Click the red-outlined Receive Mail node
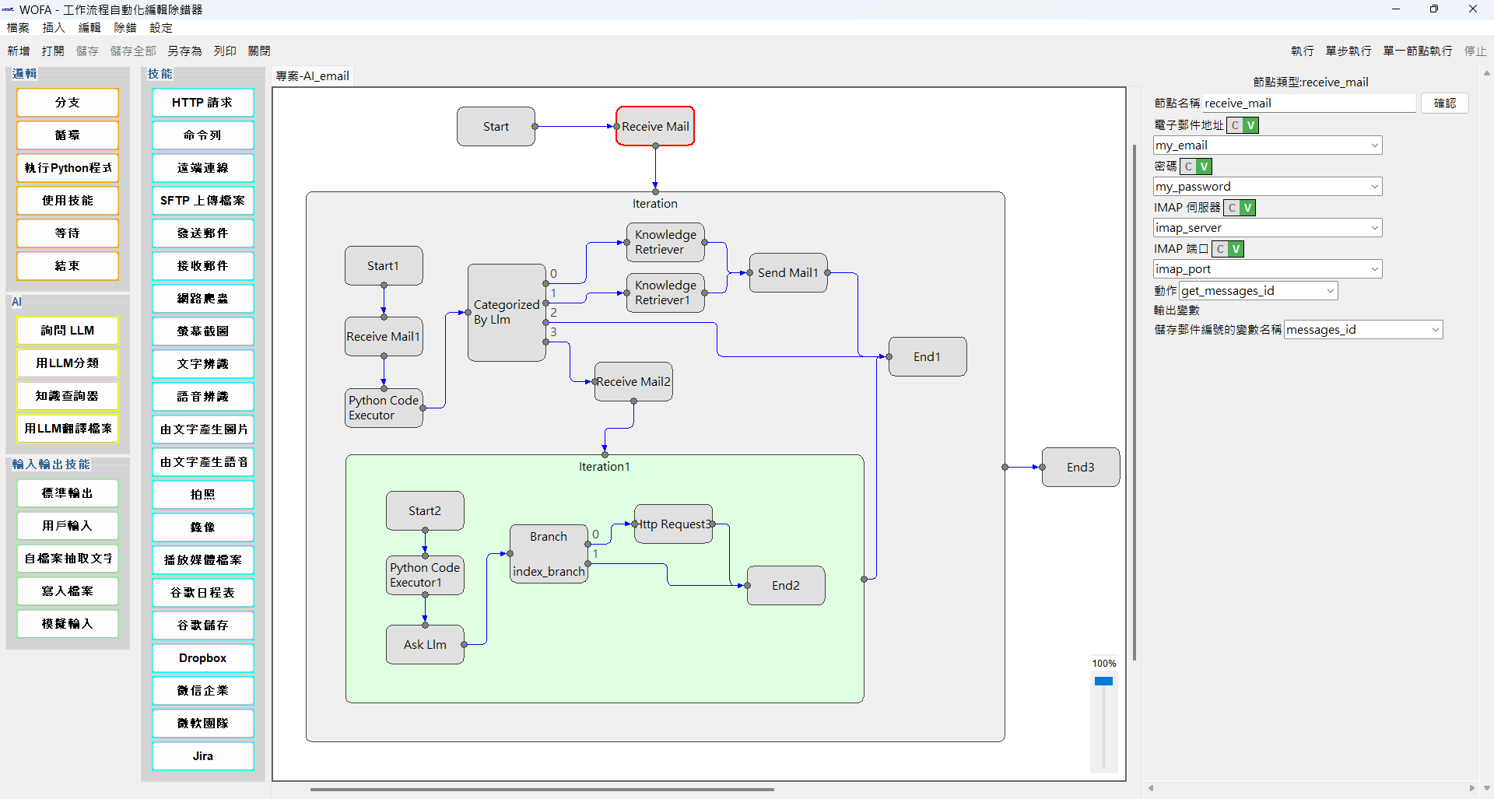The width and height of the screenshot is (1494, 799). pos(654,126)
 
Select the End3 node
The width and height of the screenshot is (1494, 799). pos(1080,467)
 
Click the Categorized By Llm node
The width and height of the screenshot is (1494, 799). pos(506,312)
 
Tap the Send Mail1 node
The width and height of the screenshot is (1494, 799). pos(787,272)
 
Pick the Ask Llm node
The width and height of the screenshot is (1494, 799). pos(425,644)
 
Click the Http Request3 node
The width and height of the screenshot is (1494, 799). pos(674,524)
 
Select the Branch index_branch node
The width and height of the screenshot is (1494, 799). pos(549,554)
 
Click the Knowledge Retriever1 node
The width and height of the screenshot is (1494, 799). pos(665,293)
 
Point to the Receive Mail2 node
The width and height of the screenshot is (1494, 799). pos(633,381)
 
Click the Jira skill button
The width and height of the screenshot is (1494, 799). pos(202,755)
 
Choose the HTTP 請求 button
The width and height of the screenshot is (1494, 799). pos(202,102)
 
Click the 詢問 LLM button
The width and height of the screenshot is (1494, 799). pos(68,330)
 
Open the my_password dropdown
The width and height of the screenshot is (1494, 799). pos(1374,187)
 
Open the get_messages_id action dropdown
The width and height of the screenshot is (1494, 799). pos(1330,291)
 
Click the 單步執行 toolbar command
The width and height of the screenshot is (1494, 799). pos(1348,51)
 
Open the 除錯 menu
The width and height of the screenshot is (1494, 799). pos(124,28)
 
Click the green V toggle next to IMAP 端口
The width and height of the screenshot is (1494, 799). pos(1236,249)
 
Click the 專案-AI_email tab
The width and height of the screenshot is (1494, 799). pos(312,75)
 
